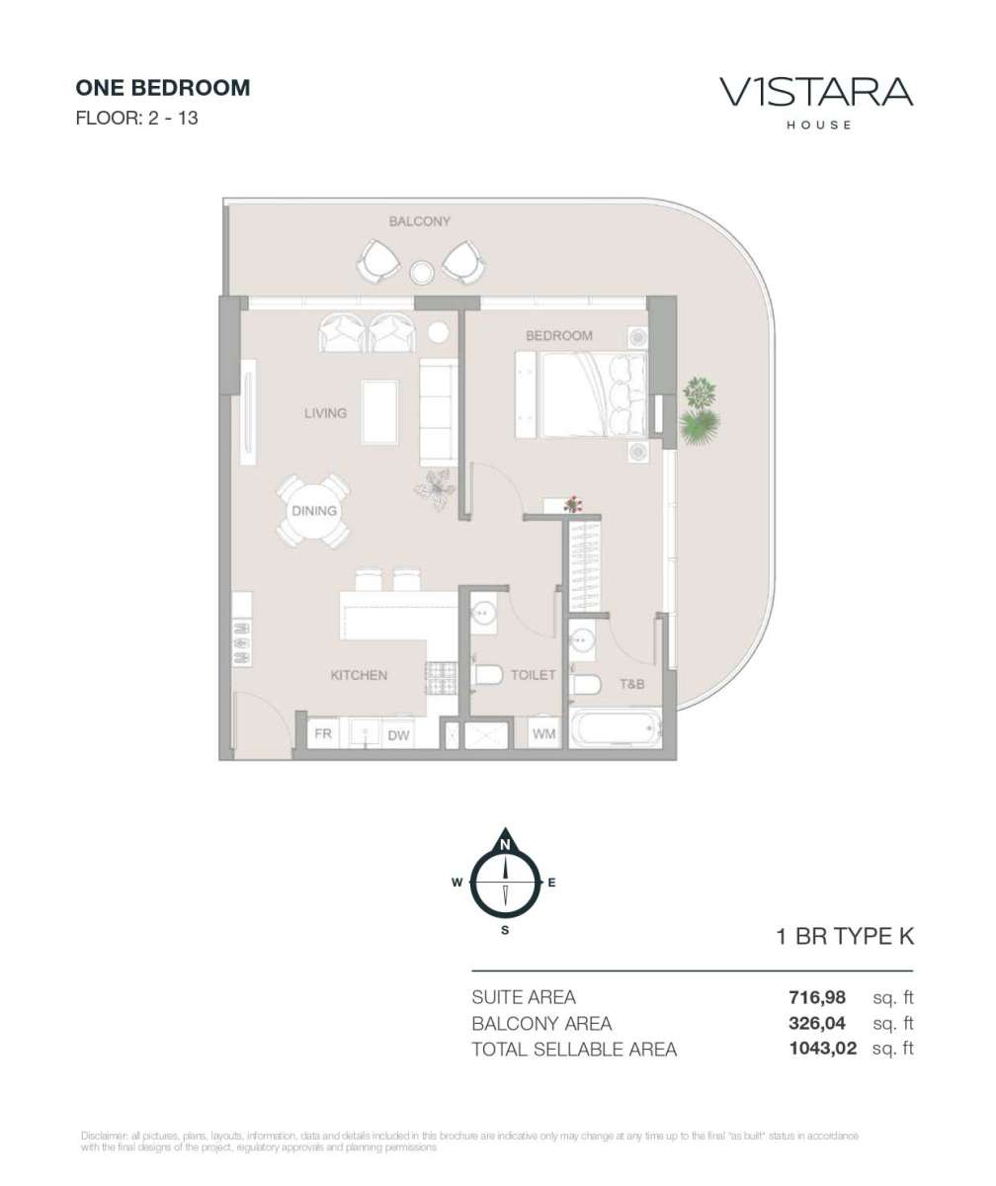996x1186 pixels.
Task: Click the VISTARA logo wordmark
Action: (816, 92)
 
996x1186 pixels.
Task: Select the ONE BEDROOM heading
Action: (163, 88)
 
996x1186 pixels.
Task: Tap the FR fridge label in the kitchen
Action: (322, 733)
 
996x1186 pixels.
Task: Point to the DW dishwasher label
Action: (398, 735)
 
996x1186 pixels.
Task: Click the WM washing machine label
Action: (543, 734)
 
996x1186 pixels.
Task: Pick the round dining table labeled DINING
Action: (314, 511)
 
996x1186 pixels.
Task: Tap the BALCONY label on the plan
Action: (420, 221)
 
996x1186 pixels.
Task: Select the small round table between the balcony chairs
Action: (421, 272)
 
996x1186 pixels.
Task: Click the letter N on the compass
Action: (505, 845)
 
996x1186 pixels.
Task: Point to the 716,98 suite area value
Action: (817, 997)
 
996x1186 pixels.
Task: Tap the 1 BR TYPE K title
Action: (845, 937)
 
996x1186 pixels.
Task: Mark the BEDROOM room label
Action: (558, 336)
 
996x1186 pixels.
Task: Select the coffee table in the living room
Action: (379, 412)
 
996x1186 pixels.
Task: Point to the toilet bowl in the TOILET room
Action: (488, 675)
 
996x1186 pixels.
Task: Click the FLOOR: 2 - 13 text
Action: (136, 119)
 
